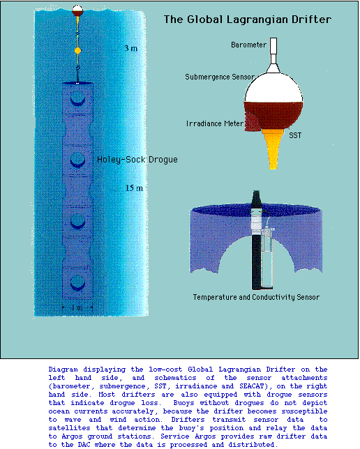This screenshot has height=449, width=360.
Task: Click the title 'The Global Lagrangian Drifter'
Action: click(x=248, y=20)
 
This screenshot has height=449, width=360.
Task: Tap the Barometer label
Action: click(x=248, y=45)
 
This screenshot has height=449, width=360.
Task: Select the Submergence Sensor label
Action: click(x=220, y=77)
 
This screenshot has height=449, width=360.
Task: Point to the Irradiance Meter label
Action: click(x=215, y=123)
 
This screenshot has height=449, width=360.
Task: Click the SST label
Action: click(x=295, y=135)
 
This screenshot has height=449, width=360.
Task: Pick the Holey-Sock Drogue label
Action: click(x=137, y=160)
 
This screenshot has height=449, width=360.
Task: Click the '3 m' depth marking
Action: click(x=130, y=48)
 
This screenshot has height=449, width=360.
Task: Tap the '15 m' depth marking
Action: click(x=134, y=188)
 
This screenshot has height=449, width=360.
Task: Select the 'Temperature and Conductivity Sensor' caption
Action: click(x=256, y=297)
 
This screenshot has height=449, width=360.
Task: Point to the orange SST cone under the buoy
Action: click(x=273, y=149)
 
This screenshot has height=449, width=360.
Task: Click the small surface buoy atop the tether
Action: click(x=77, y=10)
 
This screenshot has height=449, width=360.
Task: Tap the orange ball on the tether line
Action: click(x=77, y=51)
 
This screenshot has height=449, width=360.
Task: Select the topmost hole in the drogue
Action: click(x=77, y=98)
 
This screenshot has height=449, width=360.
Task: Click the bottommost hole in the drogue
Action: click(x=77, y=283)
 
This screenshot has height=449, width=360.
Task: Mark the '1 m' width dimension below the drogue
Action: click(x=77, y=308)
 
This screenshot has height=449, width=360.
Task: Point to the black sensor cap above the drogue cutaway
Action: click(x=256, y=201)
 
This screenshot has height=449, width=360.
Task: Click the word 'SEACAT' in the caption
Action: click(x=250, y=386)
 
